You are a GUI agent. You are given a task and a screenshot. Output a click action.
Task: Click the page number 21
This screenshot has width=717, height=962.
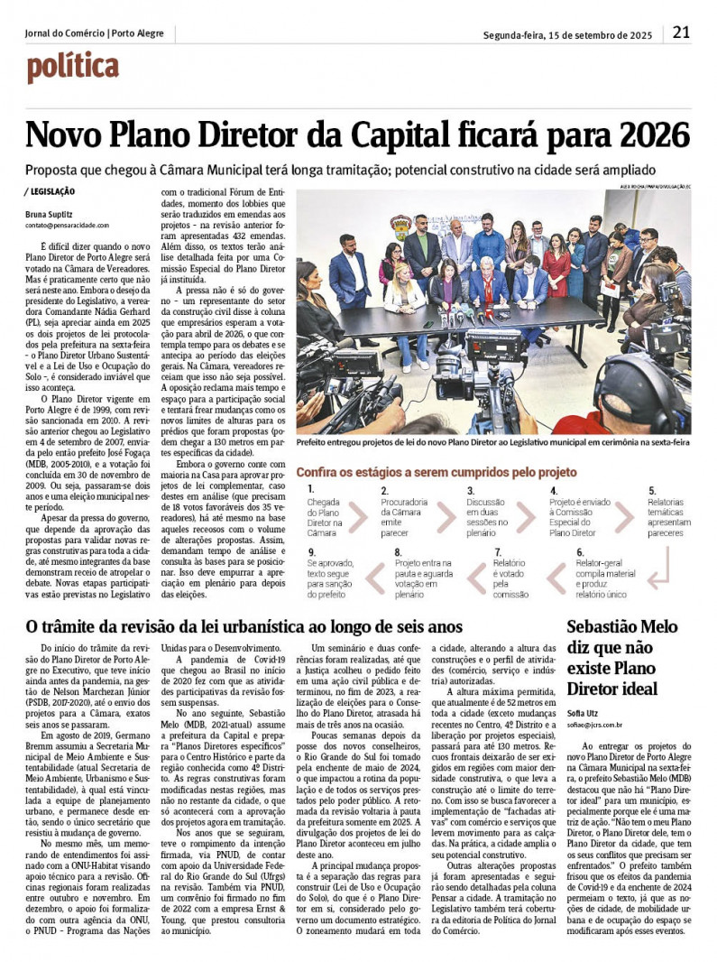(x=681, y=32)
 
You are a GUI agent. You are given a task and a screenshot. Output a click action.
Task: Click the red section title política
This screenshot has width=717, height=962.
(x=73, y=67)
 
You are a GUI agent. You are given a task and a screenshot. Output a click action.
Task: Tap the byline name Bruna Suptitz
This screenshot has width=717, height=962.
(x=50, y=214)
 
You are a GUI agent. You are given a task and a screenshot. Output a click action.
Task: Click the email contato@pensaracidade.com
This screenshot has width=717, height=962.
(x=67, y=226)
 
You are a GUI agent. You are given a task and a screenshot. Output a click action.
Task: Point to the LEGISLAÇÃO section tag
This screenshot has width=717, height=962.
(x=51, y=191)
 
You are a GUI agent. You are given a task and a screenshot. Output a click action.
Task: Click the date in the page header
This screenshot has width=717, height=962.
(x=567, y=35)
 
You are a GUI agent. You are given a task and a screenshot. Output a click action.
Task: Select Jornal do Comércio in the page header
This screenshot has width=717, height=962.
(x=63, y=33)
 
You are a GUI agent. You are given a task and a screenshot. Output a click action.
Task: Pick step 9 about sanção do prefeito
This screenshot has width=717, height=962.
(x=326, y=573)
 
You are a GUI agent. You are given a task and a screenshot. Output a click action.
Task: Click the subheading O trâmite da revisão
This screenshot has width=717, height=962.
(x=244, y=626)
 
